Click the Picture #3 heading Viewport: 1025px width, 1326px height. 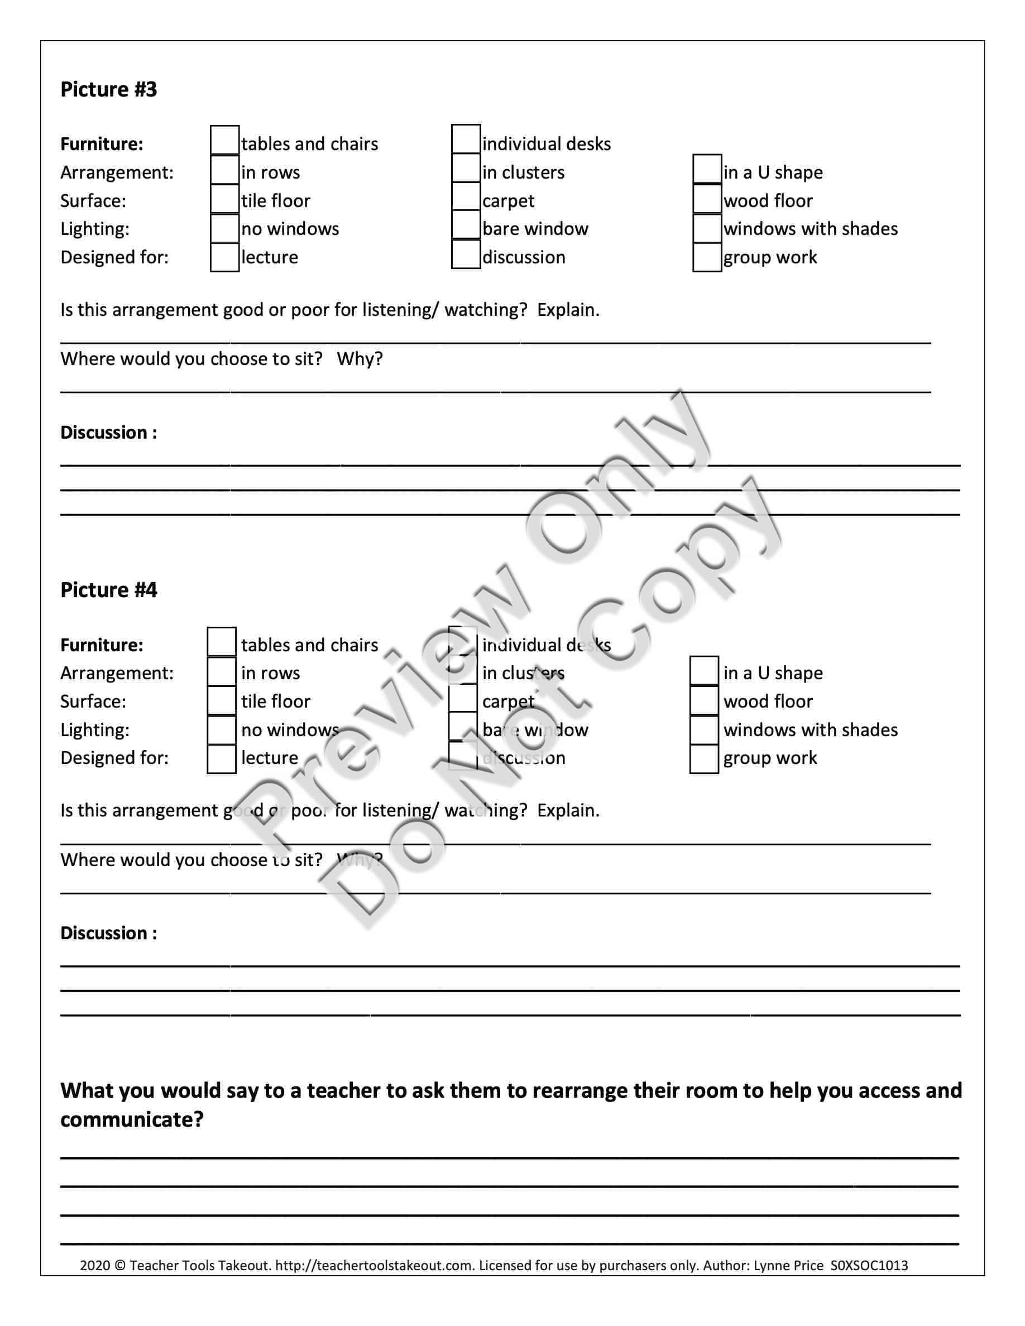point(109,89)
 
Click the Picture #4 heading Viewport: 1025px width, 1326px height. point(109,589)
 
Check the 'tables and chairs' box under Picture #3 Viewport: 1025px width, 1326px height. point(224,140)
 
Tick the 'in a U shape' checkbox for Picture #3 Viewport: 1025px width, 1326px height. point(707,170)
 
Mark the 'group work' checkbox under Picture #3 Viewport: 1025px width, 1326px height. point(707,257)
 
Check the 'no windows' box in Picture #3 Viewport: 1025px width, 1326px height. point(224,228)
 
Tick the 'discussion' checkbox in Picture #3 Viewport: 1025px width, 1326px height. point(466,254)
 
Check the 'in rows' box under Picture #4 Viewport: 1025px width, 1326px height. point(221,671)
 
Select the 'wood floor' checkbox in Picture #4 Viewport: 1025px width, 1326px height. point(704,700)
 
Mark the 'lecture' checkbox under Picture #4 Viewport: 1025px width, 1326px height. point(221,759)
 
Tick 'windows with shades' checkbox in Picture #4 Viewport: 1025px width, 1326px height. point(704,730)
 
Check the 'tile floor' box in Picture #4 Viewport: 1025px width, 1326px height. point(221,700)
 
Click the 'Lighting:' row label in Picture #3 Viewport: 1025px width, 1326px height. point(95,229)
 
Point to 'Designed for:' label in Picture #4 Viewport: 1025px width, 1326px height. point(114,758)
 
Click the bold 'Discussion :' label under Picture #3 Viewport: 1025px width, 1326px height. point(109,433)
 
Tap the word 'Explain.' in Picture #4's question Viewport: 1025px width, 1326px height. point(568,810)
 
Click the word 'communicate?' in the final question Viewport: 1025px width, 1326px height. point(132,1119)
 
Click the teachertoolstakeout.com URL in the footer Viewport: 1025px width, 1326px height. point(374,1265)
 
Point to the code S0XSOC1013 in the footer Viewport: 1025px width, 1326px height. point(869,1265)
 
